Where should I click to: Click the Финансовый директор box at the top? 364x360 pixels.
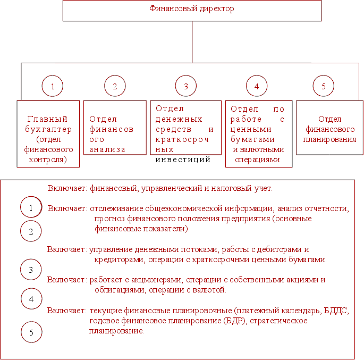[x=192, y=10]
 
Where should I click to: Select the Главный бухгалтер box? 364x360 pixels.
[x=48, y=133]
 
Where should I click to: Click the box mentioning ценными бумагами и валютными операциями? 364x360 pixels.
[x=259, y=133]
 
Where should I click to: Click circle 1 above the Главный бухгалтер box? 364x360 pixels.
[x=52, y=86]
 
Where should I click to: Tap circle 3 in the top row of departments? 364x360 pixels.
[x=185, y=86]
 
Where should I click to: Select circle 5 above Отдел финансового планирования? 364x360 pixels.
[x=323, y=86]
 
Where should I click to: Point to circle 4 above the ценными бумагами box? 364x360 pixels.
[x=257, y=86]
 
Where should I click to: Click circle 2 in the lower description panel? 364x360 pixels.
[x=31, y=231]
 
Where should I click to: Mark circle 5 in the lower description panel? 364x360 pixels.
[x=31, y=332]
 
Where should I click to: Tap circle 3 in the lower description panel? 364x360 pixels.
[x=31, y=270]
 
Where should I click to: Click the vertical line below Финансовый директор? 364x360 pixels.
[x=192, y=42]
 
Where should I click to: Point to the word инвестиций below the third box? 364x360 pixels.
[x=183, y=159]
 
